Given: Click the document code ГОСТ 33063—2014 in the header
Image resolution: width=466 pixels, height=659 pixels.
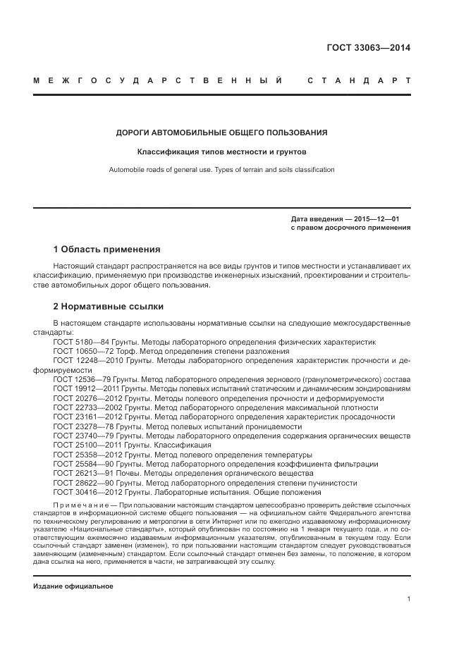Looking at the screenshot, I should tap(368, 49).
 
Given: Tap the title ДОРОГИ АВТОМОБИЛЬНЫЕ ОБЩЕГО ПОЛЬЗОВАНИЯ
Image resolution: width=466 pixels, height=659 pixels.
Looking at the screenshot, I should tap(221, 133).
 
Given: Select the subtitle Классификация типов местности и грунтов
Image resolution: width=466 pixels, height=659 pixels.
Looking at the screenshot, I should tap(221, 152).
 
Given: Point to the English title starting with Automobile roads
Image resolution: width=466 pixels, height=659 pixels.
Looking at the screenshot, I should tap(221, 170).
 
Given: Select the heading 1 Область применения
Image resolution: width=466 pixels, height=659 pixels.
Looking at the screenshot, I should tap(106, 250).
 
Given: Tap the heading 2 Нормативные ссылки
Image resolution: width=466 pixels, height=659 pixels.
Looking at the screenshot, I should tap(109, 307).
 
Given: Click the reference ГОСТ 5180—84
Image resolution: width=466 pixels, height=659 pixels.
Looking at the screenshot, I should tap(78, 341).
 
